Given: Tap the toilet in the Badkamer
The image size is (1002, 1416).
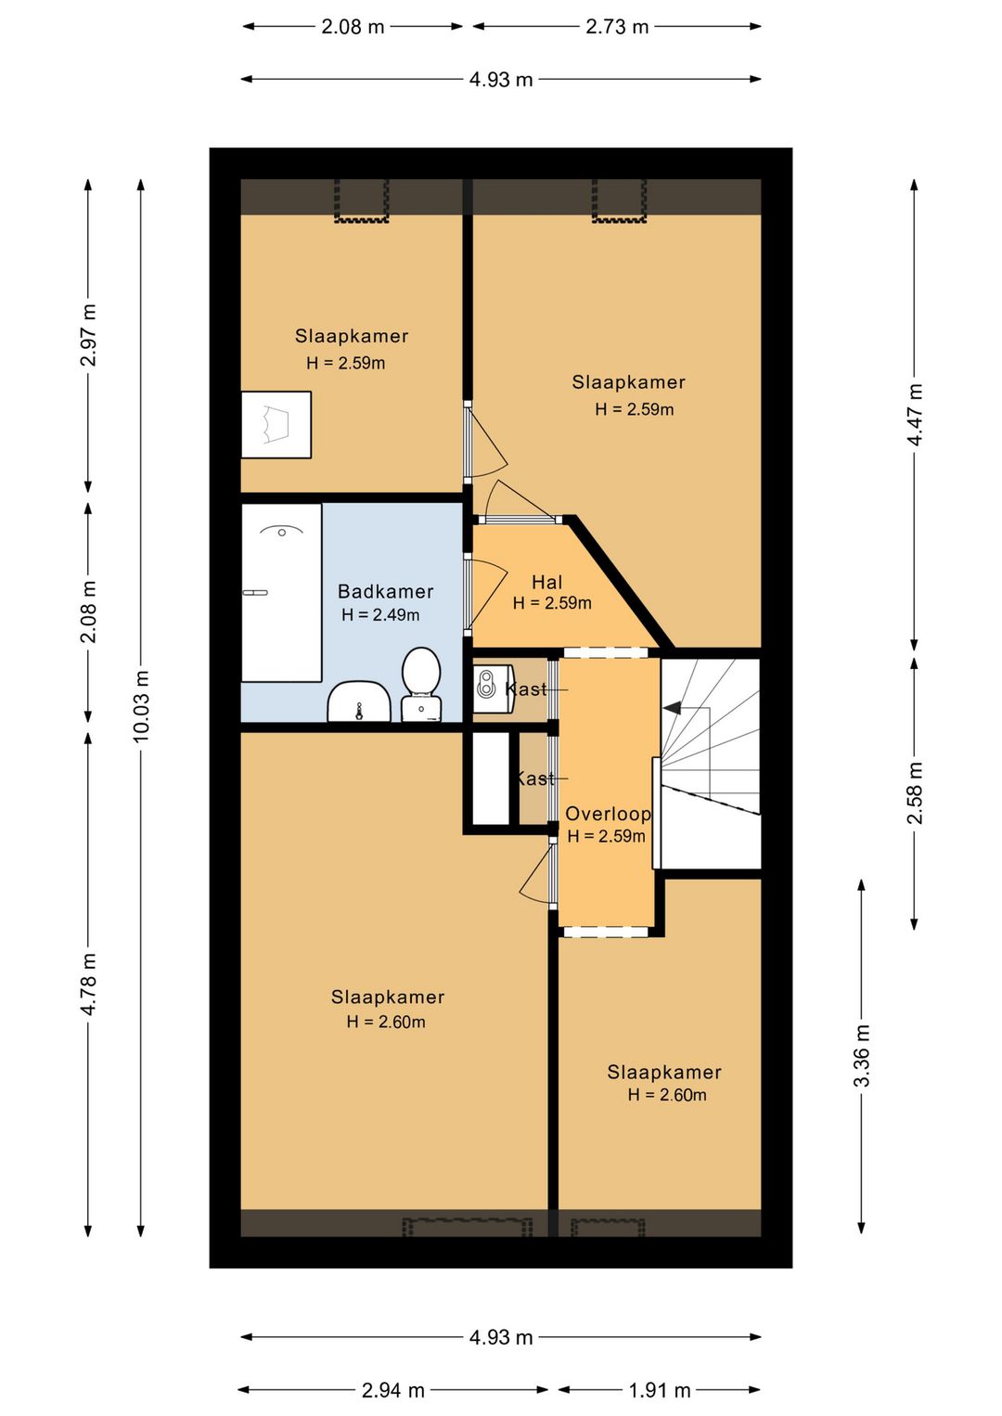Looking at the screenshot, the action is tap(421, 683).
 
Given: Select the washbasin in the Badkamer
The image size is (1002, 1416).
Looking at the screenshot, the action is tap(359, 702).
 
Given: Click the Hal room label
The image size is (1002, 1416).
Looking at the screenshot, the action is tap(546, 581).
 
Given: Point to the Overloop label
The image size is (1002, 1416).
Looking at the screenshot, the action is tap(608, 814).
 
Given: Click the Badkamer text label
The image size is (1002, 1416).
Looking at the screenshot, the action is tap(386, 591).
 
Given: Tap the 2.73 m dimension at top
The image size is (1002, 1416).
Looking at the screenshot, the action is tap(617, 27).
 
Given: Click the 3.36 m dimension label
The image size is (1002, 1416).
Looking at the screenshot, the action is tap(862, 1055).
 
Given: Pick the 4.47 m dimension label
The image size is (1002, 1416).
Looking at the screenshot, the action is tap(914, 414).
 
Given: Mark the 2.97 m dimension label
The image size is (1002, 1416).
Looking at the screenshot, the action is tap(88, 335).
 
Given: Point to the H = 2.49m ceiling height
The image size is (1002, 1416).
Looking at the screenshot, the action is tap(380, 614).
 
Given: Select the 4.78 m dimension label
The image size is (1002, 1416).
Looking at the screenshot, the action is tap(88, 984).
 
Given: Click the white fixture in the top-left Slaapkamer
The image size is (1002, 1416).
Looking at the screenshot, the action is tap(276, 424).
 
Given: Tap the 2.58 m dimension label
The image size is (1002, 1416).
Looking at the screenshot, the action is tap(914, 792).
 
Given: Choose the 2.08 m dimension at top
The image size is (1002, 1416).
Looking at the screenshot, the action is tap(353, 27).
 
